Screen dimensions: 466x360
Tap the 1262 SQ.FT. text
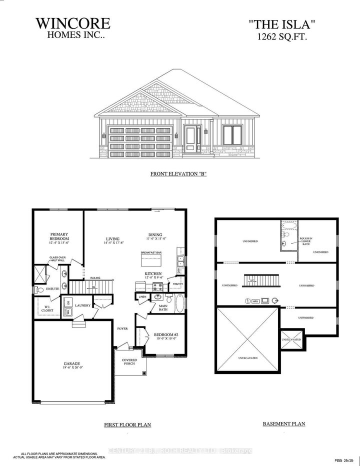pyautogui.click(x=284, y=36)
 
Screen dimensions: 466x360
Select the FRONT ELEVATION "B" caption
pyautogui.click(x=178, y=174)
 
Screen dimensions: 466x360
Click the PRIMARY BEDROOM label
pyautogui.click(x=58, y=237)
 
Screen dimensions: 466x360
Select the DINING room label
pyautogui.click(x=155, y=237)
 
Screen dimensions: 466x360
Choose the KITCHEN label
pyautogui.click(x=153, y=274)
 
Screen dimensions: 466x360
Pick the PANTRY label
pyautogui.click(x=178, y=284)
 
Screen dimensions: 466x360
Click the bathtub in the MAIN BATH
pyautogui.click(x=179, y=303)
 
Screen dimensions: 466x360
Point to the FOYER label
pyautogui.click(x=122, y=328)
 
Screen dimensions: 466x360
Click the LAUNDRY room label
pyautogui.click(x=82, y=304)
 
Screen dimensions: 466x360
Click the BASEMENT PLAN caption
pyautogui.click(x=283, y=424)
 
